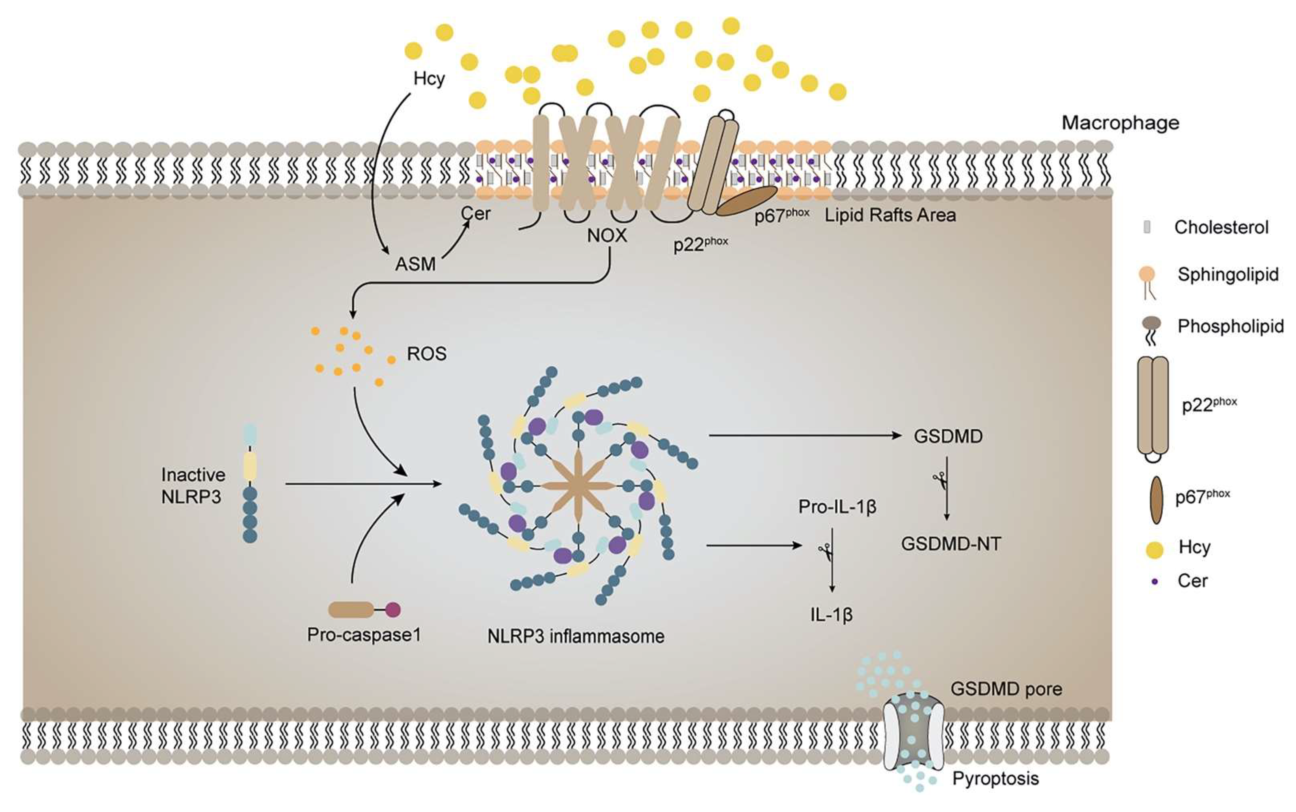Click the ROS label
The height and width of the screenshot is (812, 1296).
427,354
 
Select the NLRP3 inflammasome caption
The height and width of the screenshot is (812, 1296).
576,636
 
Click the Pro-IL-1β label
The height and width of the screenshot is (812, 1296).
837,507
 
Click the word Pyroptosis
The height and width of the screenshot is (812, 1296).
995,779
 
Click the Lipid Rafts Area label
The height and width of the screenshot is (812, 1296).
890,215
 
